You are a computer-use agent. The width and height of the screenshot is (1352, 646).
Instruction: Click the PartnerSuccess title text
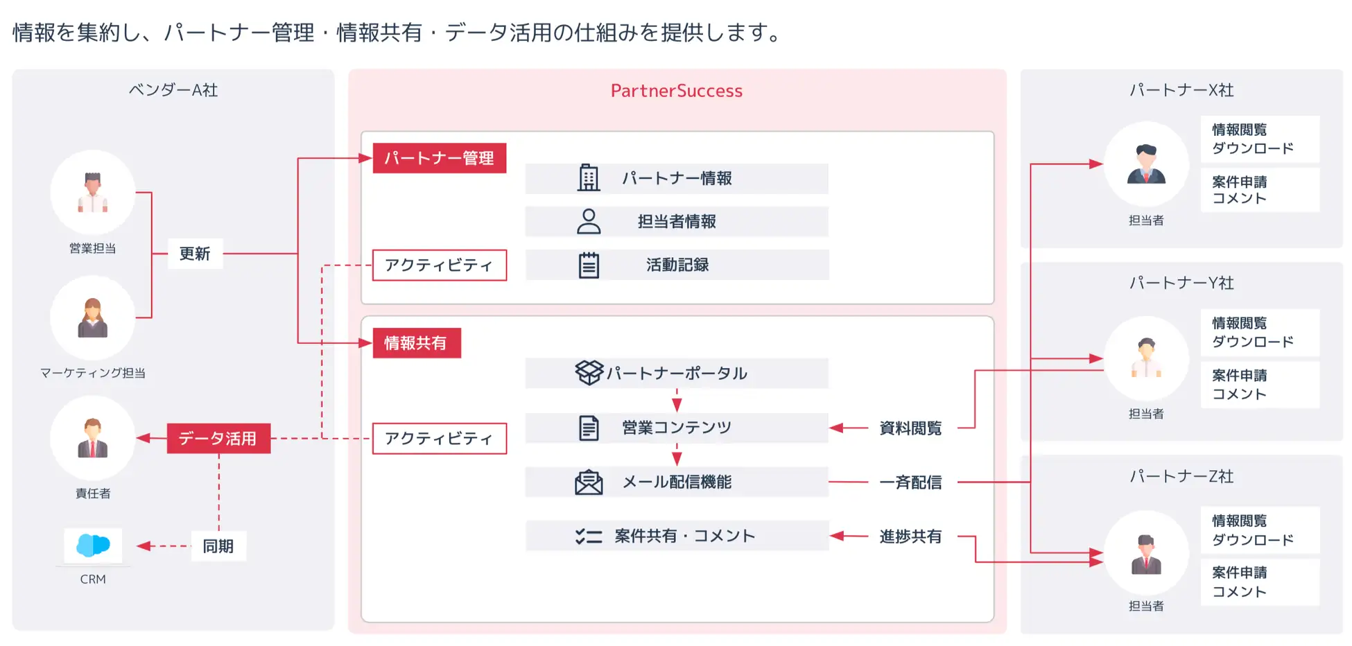[676, 91]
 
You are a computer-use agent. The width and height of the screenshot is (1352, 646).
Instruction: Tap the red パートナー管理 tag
[439, 158]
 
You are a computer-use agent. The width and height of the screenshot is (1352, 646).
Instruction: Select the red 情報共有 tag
[416, 343]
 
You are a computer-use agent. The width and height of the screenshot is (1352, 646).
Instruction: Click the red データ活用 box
[218, 439]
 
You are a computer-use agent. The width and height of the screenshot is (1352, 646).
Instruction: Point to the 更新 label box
[195, 254]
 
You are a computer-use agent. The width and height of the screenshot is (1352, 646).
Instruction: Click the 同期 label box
[218, 546]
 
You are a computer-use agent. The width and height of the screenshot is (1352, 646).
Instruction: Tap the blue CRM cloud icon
[93, 545]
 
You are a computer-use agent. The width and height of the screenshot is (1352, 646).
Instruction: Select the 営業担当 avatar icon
[93, 192]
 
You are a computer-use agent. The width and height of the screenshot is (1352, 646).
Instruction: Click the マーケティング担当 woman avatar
[93, 318]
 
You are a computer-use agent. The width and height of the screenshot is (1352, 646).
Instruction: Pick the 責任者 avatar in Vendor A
[93, 439]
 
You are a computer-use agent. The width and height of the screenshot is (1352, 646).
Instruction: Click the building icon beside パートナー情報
[589, 178]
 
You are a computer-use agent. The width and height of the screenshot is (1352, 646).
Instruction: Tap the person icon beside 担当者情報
[589, 222]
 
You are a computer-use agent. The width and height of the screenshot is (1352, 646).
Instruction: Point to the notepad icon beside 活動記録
[589, 265]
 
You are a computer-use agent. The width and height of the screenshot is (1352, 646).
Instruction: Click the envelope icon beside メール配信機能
[589, 482]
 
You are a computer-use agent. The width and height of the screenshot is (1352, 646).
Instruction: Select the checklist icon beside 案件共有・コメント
[589, 536]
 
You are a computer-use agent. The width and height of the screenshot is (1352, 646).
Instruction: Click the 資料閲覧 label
[910, 428]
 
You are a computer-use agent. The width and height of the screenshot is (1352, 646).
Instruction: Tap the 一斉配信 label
[910, 482]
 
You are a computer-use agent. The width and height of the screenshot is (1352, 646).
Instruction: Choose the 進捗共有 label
[910, 536]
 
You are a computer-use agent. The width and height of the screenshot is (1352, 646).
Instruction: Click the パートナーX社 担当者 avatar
[1146, 164]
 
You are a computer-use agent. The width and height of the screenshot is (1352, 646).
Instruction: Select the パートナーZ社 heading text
[1181, 476]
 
